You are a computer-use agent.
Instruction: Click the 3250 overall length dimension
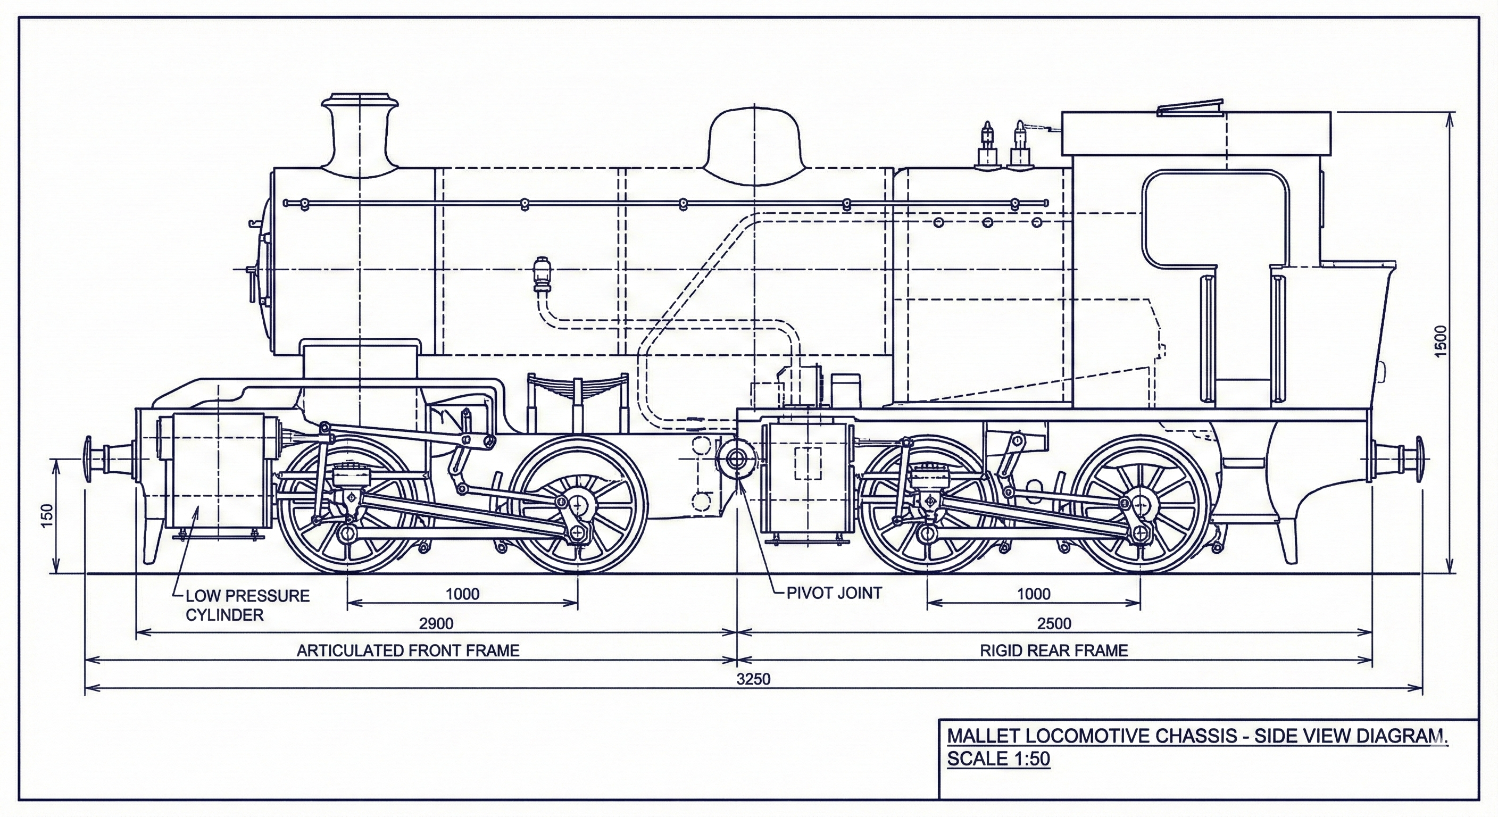(753, 679)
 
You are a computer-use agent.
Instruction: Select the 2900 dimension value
(436, 623)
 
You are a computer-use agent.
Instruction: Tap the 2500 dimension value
(1054, 623)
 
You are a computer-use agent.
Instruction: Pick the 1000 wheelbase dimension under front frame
(462, 594)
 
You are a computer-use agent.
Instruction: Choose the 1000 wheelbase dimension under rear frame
(1034, 594)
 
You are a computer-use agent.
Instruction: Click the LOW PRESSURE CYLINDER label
(247, 605)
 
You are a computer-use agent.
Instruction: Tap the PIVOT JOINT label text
(834, 593)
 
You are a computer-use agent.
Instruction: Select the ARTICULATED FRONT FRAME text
(407, 650)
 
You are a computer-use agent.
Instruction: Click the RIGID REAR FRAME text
(1054, 650)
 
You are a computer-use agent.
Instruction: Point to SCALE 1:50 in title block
(998, 759)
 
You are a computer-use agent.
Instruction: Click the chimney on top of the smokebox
(361, 137)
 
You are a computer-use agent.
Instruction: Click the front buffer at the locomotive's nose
(96, 460)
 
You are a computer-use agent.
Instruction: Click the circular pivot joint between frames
(737, 460)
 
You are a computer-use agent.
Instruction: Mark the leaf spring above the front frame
(577, 387)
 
